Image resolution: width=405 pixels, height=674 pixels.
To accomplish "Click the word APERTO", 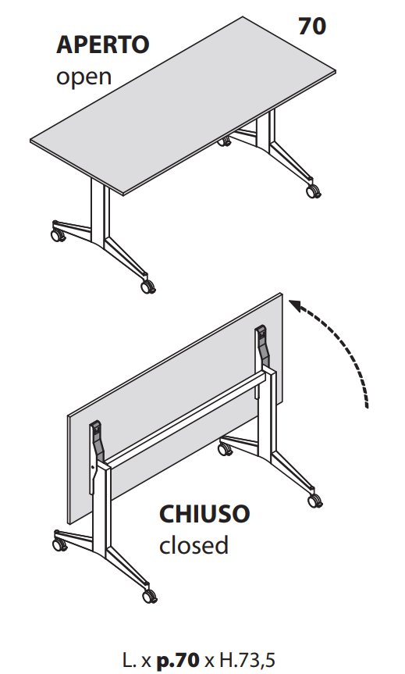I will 102,45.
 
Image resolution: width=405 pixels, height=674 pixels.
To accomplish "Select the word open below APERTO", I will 84,77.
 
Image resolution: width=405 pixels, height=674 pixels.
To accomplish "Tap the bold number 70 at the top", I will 312,27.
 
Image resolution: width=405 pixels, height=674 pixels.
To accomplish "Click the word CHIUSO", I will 204,515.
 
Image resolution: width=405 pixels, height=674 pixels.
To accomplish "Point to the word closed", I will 194,545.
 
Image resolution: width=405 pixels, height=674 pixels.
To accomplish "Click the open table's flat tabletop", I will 179,117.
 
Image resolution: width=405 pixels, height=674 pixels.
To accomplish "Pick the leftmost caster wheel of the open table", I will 57,232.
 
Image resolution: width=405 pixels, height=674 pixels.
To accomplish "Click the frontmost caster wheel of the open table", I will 147,286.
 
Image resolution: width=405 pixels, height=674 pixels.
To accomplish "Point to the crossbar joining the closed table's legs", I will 187,422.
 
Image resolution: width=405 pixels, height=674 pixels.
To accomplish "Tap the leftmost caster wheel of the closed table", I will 57,540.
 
